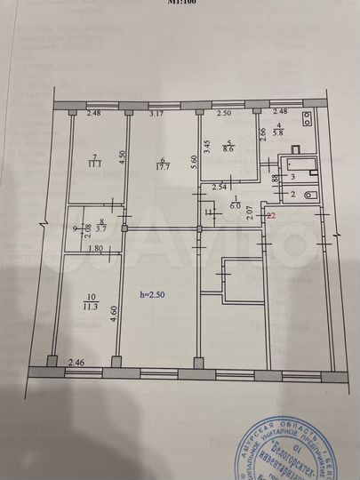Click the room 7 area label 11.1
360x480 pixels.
point(92,164)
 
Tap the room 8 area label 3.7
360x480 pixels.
point(100,229)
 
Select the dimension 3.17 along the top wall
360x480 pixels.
point(157,114)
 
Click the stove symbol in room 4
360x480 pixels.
point(306,122)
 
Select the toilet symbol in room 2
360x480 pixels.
point(308,194)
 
